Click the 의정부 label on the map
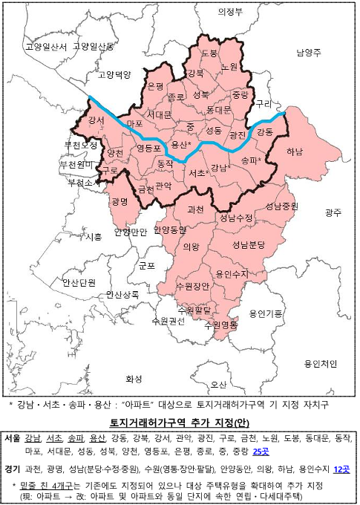pos(231,13)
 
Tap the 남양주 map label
pos(308,53)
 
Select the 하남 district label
pos(294,151)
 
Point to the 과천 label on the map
pos(197,209)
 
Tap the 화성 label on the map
pos(134,379)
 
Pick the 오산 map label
pos(218,384)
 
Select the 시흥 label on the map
pos(94,237)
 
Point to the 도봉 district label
pos(209,53)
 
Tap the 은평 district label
pos(155,87)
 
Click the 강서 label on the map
pos(96,120)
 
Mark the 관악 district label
pos(163,186)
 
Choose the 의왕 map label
pos(191,247)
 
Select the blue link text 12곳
pos(342,469)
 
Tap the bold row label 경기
pos(11,469)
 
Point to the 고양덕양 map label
pos(114,75)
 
